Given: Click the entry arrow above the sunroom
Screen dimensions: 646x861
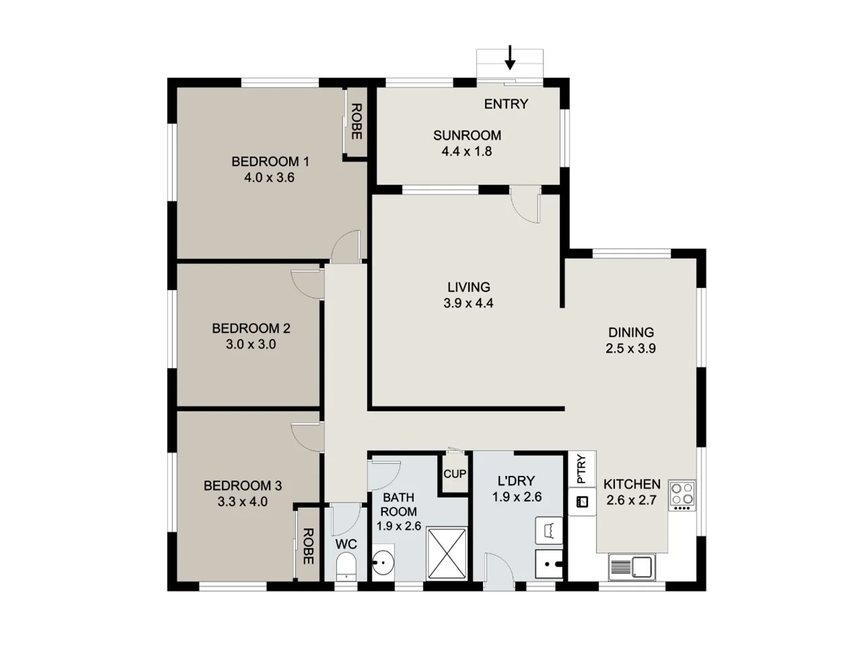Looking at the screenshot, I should (x=510, y=58).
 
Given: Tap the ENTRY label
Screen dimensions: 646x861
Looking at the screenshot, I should (x=506, y=104).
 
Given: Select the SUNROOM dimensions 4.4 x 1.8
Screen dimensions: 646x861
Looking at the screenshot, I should (x=466, y=151).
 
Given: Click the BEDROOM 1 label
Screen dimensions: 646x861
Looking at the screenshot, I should (x=270, y=161).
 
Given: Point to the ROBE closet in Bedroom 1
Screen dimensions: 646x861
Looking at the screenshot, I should (x=356, y=122).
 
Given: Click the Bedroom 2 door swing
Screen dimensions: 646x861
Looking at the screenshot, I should (x=305, y=281).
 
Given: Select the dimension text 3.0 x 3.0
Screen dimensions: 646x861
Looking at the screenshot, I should (x=251, y=345).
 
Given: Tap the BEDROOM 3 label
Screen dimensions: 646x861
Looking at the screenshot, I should (x=242, y=485).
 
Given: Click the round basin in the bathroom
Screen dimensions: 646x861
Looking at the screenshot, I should (x=384, y=563).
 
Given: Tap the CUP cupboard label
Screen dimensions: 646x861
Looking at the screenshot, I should (x=455, y=474).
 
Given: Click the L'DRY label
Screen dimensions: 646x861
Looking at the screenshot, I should (x=516, y=480).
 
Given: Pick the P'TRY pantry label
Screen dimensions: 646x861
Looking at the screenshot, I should (x=581, y=469).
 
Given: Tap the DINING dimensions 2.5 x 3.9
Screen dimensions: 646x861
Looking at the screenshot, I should (x=630, y=349).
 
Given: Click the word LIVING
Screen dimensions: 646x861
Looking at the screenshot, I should (x=468, y=287).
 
